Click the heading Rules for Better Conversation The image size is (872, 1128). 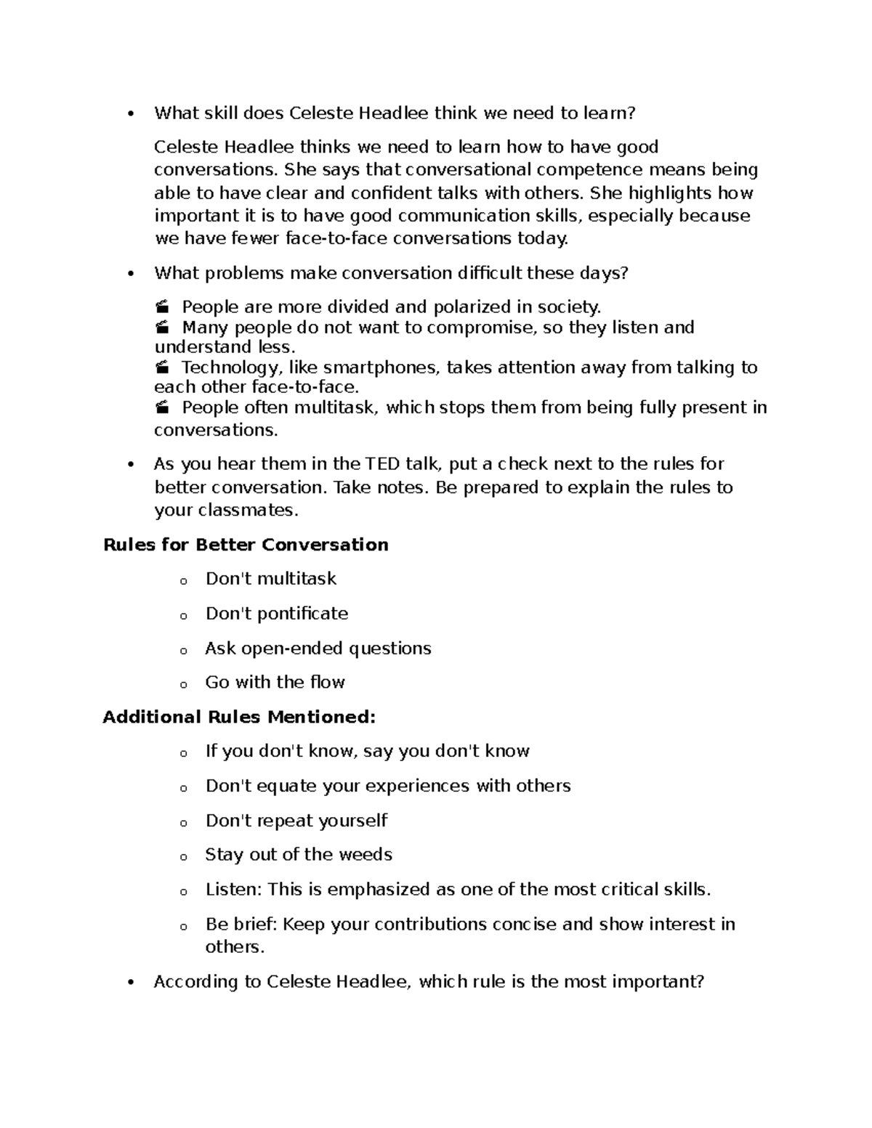point(246,545)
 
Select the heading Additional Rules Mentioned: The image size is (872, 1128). point(239,718)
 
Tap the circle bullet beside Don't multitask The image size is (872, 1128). point(184,581)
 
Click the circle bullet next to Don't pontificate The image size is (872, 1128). point(184,616)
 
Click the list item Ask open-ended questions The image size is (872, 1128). point(318,649)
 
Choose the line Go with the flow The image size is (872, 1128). point(275,683)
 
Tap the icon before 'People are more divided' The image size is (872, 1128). point(162,307)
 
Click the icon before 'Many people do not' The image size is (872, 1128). point(162,328)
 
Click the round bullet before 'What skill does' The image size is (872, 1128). point(131,114)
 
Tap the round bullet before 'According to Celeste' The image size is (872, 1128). point(131,983)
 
